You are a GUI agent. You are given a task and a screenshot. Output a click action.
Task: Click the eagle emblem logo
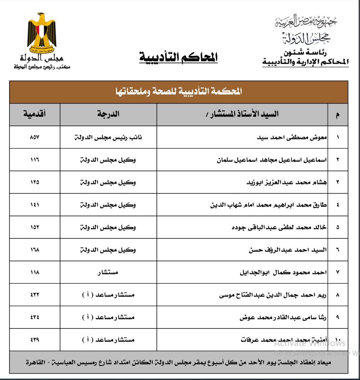tap(41, 33)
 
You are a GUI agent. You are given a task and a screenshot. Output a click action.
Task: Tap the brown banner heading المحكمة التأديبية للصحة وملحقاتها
tap(179, 92)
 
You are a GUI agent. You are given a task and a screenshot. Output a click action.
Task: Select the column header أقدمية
tap(35, 114)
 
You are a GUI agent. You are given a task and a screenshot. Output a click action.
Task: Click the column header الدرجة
tap(108, 114)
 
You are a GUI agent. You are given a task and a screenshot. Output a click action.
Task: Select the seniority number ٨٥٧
tap(35, 138)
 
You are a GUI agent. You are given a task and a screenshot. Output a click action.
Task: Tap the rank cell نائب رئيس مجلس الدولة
tap(108, 138)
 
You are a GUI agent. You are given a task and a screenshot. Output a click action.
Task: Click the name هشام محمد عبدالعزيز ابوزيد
tap(282, 182)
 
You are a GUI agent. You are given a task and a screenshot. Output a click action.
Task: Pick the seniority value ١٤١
tap(35, 205)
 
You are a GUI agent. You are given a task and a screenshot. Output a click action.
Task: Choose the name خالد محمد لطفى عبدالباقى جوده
tap(278, 227)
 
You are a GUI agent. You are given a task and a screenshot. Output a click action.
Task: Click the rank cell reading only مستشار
tap(108, 272)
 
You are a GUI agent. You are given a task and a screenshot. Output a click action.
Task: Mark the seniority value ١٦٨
tap(35, 250)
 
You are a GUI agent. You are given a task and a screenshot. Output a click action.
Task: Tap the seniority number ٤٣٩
tap(35, 340)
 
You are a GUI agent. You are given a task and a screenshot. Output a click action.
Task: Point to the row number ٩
tap(337, 317)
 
